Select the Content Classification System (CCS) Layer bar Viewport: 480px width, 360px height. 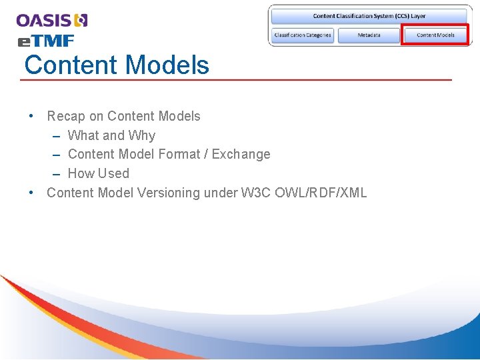pos(369,16)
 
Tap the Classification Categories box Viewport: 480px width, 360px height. pos(303,35)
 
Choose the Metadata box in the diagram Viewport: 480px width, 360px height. pos(369,35)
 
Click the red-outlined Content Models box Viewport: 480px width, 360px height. pos(435,35)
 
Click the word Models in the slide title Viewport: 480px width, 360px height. pos(167,65)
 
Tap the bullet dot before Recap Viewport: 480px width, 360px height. pos(32,116)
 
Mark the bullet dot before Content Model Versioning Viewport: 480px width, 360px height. pos(32,193)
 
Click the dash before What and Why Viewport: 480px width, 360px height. pos(57,135)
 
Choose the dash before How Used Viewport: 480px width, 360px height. pos(57,173)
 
